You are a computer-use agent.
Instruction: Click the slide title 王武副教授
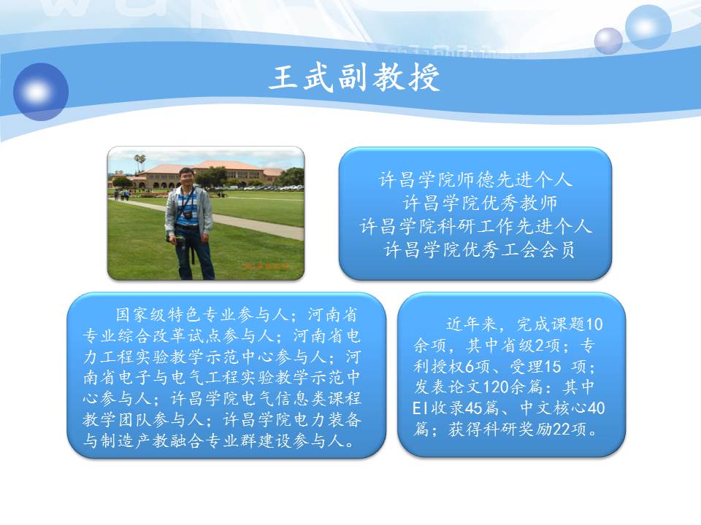[354, 77]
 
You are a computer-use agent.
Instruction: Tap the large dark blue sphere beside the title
[41, 92]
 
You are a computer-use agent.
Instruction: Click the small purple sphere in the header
[608, 41]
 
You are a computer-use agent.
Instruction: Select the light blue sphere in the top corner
[648, 26]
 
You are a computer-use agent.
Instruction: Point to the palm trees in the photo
[140, 161]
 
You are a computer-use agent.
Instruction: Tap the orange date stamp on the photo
[266, 267]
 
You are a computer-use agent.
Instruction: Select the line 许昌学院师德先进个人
[475, 179]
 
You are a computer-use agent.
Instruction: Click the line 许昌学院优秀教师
[480, 203]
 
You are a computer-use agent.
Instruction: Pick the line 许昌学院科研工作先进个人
[475, 226]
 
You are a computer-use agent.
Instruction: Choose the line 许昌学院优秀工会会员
[480, 249]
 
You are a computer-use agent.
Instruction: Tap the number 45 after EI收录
[474, 408]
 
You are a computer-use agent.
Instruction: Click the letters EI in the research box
[421, 408]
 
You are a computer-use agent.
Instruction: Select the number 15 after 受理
[552, 367]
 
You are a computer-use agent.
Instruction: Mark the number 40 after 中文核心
[597, 408]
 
